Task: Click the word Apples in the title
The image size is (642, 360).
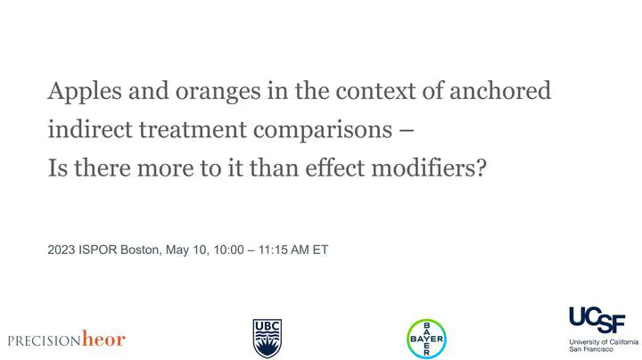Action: coord(85,92)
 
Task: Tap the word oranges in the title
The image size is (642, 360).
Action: coord(218,93)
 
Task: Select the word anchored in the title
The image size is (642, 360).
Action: coord(500,90)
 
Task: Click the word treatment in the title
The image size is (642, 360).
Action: coord(193,130)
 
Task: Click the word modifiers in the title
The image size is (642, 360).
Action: coord(424,168)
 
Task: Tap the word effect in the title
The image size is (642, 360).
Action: coord(335,168)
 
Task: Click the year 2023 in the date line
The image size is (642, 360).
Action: coord(61,250)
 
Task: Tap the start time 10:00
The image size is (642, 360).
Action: coord(228,250)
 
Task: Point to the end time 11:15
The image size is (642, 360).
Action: coord(273,250)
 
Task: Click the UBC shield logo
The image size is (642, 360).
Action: coord(267,339)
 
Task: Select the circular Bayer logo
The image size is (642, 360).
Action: coord(426,339)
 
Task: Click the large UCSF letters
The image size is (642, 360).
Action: coord(597,320)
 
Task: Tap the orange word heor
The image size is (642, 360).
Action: coord(103,339)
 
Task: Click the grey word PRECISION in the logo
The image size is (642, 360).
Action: coord(45,340)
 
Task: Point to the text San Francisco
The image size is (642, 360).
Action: coord(591,349)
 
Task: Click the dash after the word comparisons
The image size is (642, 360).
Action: coord(407,131)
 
